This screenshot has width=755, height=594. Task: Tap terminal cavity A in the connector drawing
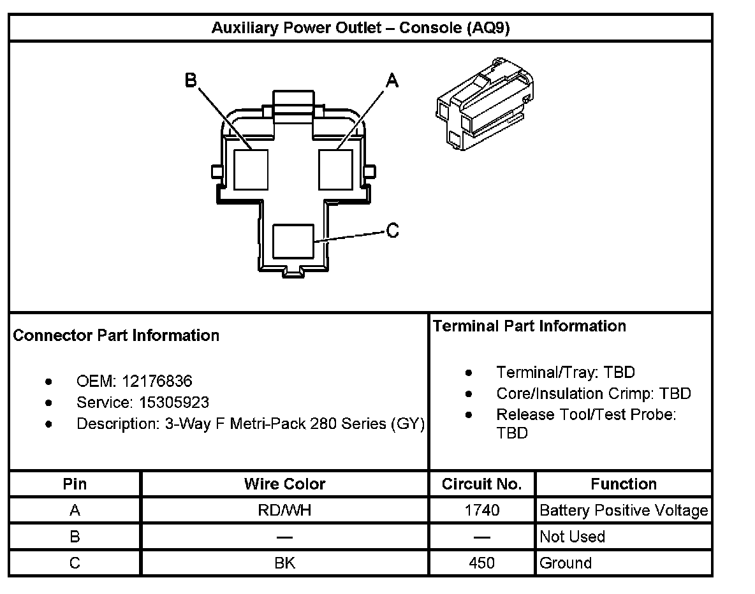[x=335, y=169]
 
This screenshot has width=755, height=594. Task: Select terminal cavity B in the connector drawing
[x=251, y=169]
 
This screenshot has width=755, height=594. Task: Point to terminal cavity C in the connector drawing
[x=293, y=241]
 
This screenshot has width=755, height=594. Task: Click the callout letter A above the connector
[x=392, y=80]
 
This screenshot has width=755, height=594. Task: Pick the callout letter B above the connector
[x=191, y=80]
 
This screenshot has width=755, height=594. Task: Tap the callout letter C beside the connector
[x=393, y=230]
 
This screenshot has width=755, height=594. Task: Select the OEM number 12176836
[x=156, y=381]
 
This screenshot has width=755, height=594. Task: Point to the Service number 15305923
[x=173, y=403]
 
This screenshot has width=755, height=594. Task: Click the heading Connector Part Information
[x=116, y=335]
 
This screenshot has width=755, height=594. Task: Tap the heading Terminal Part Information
[x=529, y=326]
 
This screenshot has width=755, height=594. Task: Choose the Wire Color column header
[x=284, y=484]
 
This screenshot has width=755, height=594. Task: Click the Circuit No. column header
[x=481, y=484]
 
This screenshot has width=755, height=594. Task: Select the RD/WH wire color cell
[x=284, y=511]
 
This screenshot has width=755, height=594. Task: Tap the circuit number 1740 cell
[x=481, y=511]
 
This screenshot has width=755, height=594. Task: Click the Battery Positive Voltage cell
[x=623, y=511]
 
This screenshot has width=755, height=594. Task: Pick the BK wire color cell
[x=284, y=563]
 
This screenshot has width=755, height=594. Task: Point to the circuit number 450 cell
[x=481, y=563]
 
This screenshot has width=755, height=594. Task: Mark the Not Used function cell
[x=572, y=537]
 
